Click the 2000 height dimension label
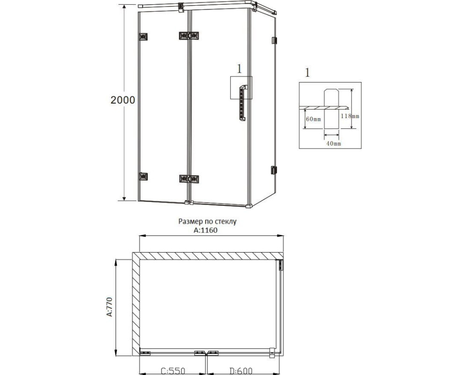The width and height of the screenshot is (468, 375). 123,100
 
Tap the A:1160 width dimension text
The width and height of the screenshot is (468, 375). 205,230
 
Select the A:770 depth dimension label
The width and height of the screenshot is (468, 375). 109,307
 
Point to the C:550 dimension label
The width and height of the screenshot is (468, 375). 173,371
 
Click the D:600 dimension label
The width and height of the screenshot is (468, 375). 241,371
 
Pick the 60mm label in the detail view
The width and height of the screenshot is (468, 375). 314,119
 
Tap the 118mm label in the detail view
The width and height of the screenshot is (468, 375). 350,116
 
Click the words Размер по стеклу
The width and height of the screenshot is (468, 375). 207,222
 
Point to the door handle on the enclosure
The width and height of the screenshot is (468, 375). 242,103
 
